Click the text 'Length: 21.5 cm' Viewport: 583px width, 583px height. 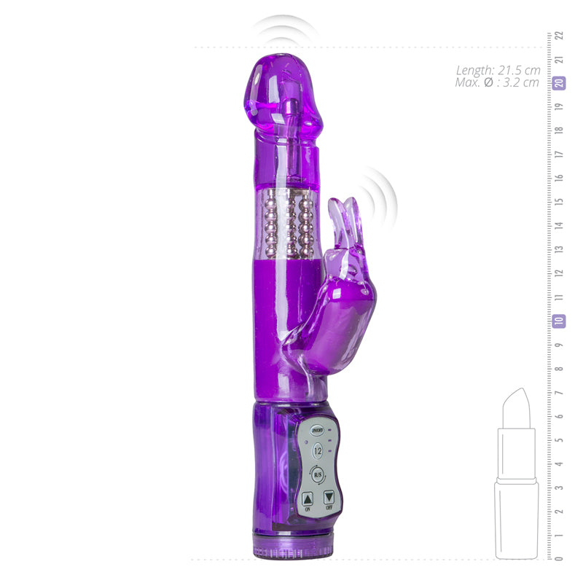coord(498,71)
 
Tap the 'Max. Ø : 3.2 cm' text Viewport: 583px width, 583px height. coord(498,82)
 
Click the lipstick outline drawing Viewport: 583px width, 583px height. coord(517,481)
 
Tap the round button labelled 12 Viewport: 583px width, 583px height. coord(318,452)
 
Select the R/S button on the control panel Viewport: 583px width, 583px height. coord(318,475)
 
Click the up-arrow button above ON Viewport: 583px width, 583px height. coord(307,498)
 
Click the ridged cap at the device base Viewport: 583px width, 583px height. coord(291,548)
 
